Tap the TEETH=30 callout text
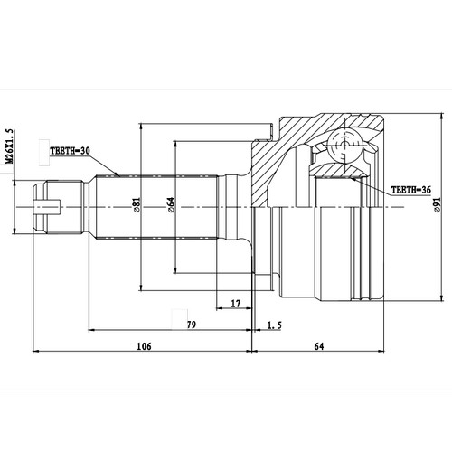72,152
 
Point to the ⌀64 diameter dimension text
170,206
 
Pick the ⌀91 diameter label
437,206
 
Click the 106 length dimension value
142,345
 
